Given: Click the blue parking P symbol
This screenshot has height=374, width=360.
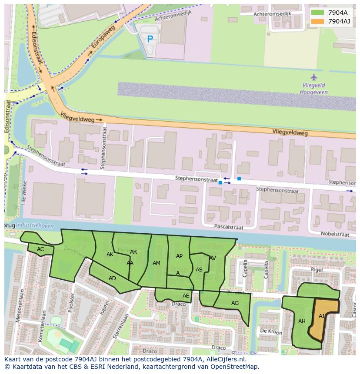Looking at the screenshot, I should pos(150,39).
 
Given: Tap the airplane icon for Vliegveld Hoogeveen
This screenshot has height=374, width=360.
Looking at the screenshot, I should pos(314,77).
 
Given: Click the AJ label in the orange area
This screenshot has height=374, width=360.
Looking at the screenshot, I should pos(322,316).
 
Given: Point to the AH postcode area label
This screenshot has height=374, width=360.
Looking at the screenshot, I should pos(302,321).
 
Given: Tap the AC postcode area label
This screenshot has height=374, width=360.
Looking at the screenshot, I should pos(40,249).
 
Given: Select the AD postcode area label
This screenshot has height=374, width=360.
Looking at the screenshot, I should pos(112,278).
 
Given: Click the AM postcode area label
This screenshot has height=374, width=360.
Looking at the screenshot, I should pos(157,263).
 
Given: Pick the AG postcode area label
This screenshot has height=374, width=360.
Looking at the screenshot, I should pos(235,303).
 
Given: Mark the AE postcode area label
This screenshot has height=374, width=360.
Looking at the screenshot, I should pos(186,296).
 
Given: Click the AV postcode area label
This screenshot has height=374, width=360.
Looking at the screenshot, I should pos(212,258).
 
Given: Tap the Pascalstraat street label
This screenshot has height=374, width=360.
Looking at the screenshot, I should pos(229,227).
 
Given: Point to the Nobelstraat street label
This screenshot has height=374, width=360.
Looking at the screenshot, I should pos(335,234).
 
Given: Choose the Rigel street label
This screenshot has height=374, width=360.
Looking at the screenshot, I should pos(316,270).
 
